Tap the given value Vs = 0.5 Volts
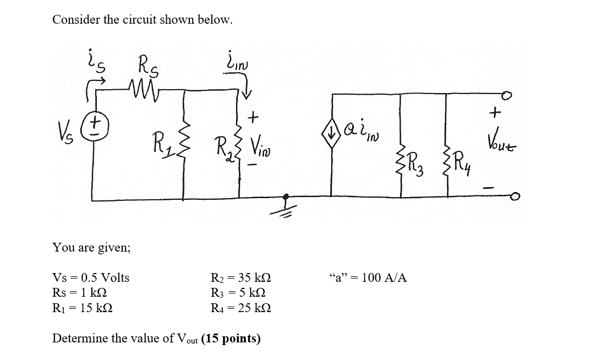tap(91, 278)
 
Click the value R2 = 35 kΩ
tap(241, 278)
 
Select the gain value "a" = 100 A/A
tap(367, 278)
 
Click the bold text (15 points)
tap(231, 339)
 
